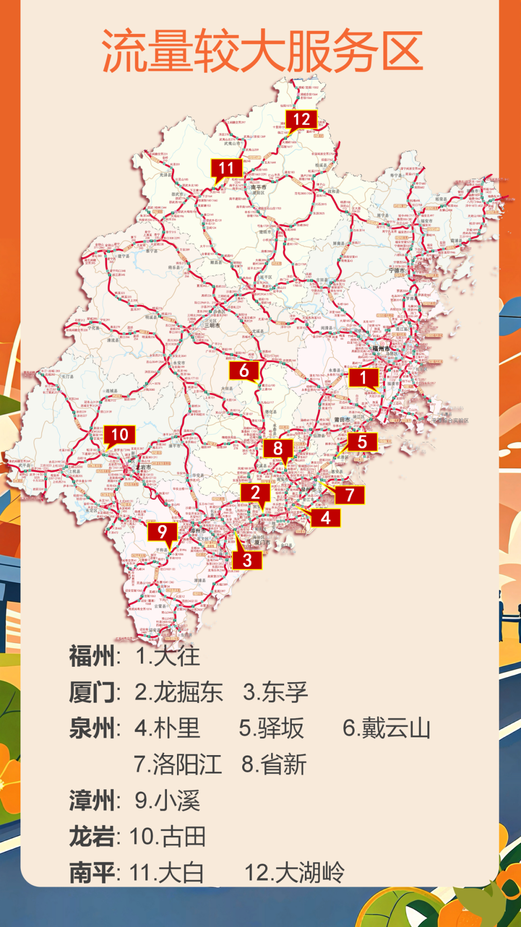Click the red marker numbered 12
click(302, 119)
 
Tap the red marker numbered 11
click(226, 168)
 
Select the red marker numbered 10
click(120, 435)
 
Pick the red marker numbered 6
click(244, 371)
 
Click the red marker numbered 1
click(363, 378)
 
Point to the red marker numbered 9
click(162, 532)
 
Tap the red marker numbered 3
click(247, 560)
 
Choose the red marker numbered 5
click(362, 442)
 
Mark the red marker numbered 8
click(278, 449)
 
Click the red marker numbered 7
click(350, 495)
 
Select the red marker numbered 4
click(326, 518)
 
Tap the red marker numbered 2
click(255, 492)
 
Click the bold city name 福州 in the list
click(92, 656)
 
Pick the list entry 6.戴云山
click(386, 728)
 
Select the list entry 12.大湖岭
click(294, 872)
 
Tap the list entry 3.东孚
click(275, 692)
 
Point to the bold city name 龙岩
click(92, 837)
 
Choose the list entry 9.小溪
click(167, 801)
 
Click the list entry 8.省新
click(274, 764)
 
